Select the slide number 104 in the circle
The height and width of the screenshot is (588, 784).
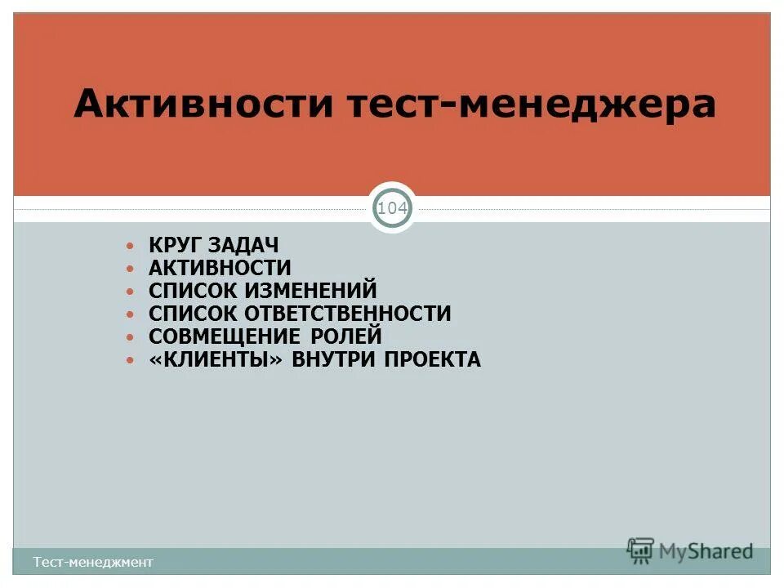[393, 208]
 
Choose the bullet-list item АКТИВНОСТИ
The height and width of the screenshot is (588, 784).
[220, 268]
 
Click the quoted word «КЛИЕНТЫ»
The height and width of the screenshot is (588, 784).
[220, 359]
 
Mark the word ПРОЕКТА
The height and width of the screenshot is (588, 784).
[433, 359]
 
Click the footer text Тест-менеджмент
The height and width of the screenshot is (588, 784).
[93, 562]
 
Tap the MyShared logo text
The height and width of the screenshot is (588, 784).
[706, 551]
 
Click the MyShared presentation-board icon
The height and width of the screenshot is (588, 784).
[641, 550]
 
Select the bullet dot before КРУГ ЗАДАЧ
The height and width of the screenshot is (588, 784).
[130, 245]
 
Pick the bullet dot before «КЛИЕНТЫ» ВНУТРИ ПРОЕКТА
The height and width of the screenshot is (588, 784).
[130, 359]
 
